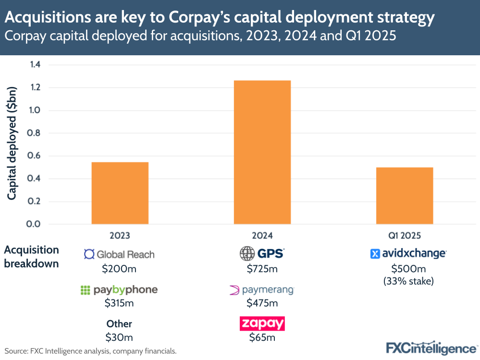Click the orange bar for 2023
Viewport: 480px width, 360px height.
(120, 193)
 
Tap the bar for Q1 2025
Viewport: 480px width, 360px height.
(405, 196)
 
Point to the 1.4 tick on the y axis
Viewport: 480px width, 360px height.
(35, 65)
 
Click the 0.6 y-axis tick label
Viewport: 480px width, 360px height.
(35, 156)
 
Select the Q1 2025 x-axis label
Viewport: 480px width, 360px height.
(405, 236)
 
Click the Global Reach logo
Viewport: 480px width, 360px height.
(119, 254)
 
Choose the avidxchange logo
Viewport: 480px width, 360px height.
(408, 254)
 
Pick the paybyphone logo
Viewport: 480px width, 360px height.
(119, 290)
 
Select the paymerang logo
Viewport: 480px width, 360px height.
(262, 290)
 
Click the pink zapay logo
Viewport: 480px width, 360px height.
(262, 323)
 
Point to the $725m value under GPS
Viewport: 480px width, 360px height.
(262, 269)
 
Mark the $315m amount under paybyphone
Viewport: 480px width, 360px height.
(119, 303)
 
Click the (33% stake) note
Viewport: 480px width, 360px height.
(408, 281)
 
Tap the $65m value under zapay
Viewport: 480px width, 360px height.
(262, 337)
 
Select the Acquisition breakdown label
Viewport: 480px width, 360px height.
(32, 257)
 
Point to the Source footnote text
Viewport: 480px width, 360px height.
(91, 351)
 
